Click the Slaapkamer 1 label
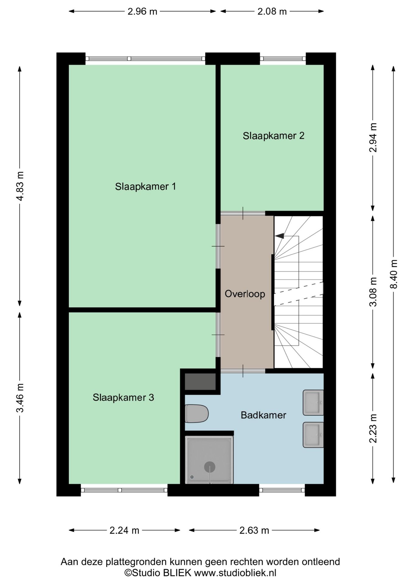click(145, 186)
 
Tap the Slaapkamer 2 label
click(273, 136)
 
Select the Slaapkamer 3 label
click(123, 397)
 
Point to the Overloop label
click(245, 294)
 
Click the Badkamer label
click(263, 415)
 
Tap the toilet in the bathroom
click(196, 413)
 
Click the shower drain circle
click(210, 467)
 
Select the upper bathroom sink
click(313, 402)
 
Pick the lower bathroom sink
click(313, 435)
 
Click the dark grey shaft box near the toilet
click(200, 381)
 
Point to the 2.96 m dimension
click(142, 12)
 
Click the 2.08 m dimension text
click(272, 12)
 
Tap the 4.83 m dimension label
click(20, 186)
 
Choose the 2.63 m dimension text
click(254, 530)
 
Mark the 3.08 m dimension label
click(373, 292)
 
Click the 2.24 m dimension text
click(124, 530)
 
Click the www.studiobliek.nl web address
click(235, 573)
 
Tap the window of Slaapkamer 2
click(283, 59)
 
